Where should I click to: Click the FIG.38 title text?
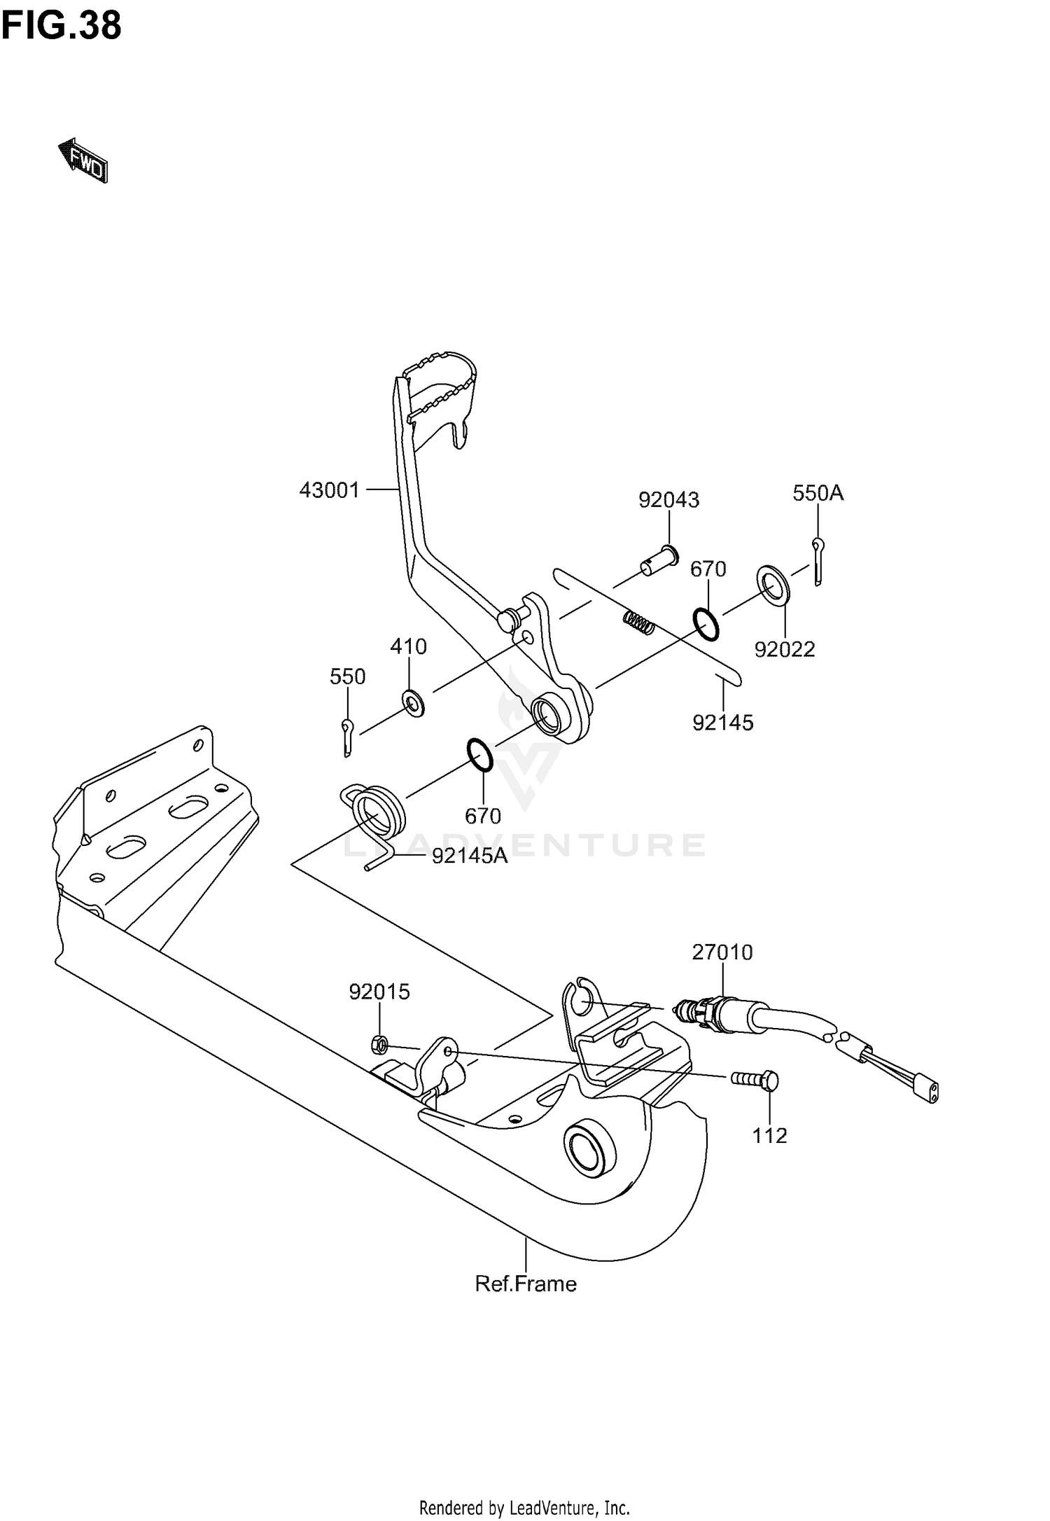coord(61,26)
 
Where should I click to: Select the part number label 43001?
coord(329,489)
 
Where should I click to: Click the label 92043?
coord(668,499)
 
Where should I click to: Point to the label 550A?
coord(818,493)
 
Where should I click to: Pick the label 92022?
coord(784,649)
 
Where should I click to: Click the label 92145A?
coord(469,855)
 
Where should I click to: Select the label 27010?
coord(722,952)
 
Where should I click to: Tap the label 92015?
coord(379,992)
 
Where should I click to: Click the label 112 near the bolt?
coord(769,1135)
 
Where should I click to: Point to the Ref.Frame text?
coord(526,1284)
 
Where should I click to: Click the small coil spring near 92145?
coord(638,622)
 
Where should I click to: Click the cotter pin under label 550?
coord(348,737)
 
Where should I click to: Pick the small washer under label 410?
coord(413,702)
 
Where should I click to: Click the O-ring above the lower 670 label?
coord(480,756)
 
